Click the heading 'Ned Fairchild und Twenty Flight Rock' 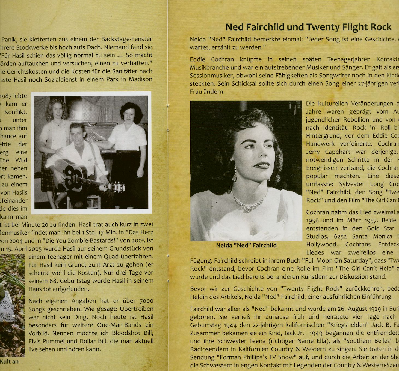point(308,27)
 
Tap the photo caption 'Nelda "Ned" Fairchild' point(246,245)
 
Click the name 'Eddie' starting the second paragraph point(199,59)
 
